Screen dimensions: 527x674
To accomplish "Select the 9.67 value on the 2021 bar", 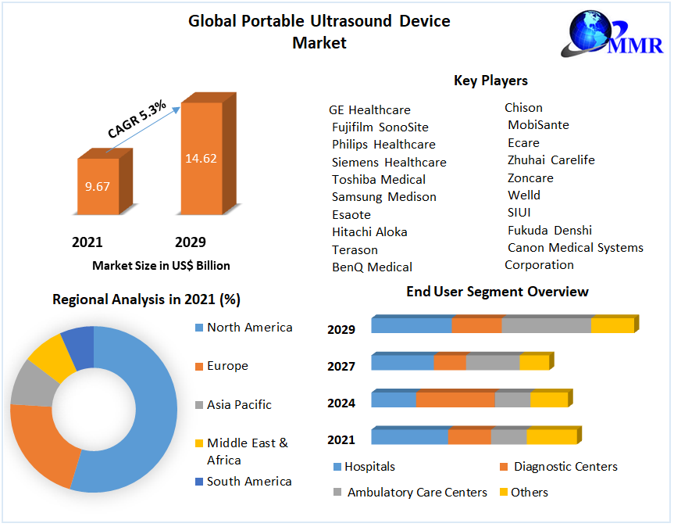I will pos(98,187).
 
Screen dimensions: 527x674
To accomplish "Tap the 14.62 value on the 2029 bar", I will pos(201,159).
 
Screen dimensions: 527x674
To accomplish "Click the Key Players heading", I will pos(490,81).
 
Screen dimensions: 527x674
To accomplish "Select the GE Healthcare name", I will pos(369,110).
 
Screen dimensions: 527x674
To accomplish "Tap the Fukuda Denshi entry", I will pos(549,230).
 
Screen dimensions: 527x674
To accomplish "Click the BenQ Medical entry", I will pos(372,267).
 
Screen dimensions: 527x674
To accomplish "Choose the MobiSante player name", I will pos(538,125).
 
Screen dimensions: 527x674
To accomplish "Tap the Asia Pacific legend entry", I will pos(239,405).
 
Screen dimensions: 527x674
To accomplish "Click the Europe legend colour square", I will pos(198,367).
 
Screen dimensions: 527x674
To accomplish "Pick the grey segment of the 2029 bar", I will pos(546,325).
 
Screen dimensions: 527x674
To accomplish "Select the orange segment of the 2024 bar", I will pos(455,400).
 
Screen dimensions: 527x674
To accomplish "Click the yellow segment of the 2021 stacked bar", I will pos(551,436).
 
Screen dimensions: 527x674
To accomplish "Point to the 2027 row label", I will pos(341,366).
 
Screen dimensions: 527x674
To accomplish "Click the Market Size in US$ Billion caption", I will pos(161,266).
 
